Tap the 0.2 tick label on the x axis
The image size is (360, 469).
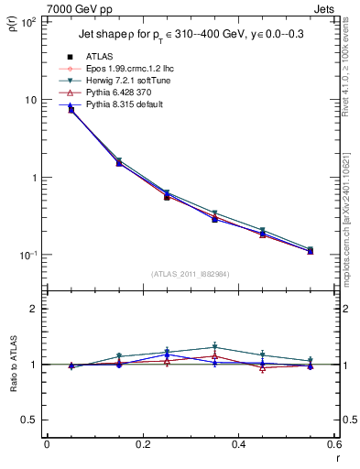(142, 444)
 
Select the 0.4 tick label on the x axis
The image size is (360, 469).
(238, 444)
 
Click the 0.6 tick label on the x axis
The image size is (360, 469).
(334, 444)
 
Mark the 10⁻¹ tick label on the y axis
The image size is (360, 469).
(27, 256)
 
